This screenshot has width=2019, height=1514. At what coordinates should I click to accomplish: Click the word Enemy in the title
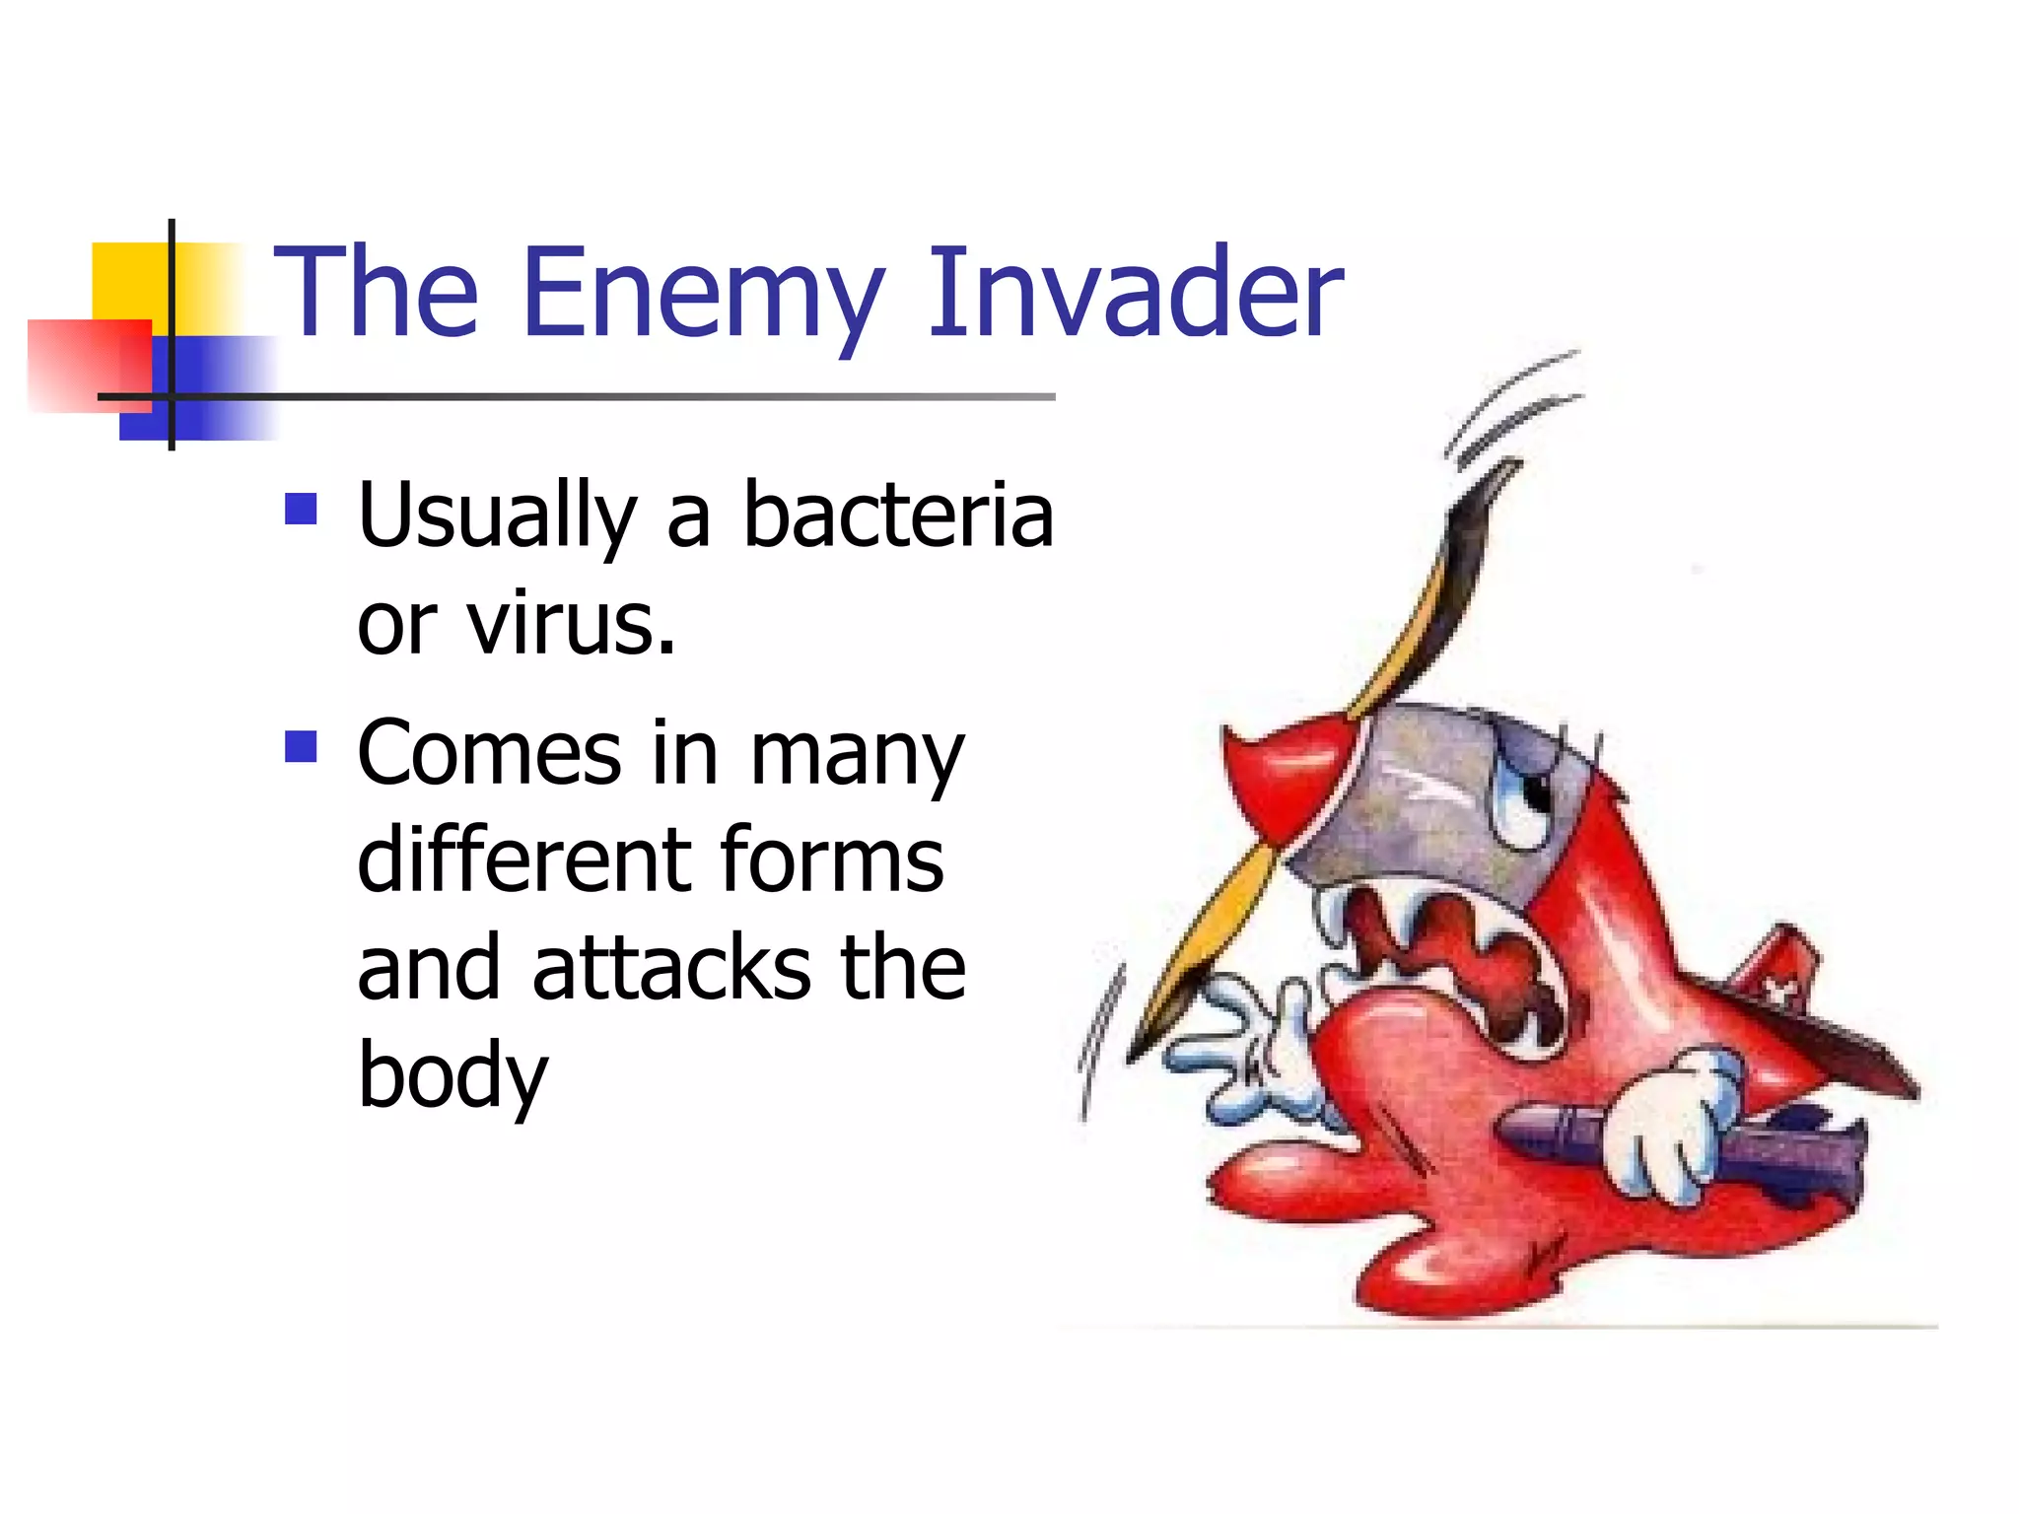click(702, 293)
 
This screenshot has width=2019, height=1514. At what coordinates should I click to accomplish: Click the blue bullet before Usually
click(301, 510)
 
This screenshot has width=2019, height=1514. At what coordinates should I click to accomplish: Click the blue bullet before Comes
click(301, 746)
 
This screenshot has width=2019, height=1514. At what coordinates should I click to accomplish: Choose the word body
click(452, 1076)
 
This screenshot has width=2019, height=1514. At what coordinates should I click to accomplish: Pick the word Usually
click(498, 517)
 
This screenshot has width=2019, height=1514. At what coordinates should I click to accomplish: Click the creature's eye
click(1528, 798)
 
